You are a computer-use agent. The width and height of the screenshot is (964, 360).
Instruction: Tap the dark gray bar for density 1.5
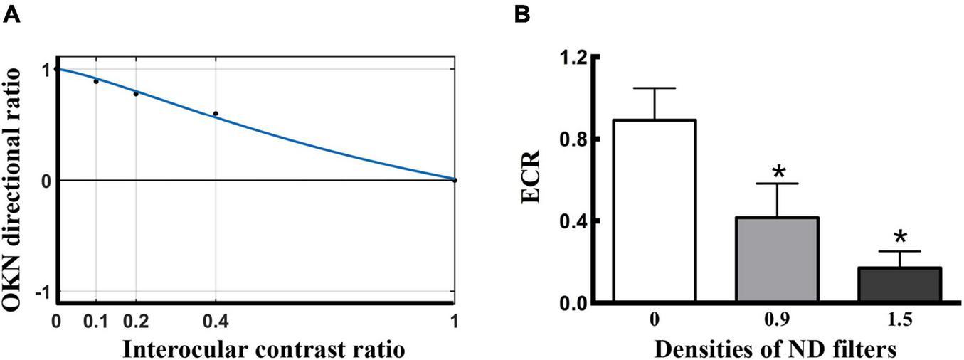pos(900,285)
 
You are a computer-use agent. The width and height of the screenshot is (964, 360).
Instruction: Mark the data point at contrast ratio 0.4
pos(216,114)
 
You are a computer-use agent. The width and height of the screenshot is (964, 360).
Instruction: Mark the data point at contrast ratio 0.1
pos(96,81)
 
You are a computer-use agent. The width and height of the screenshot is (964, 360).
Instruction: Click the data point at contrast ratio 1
pos(455,180)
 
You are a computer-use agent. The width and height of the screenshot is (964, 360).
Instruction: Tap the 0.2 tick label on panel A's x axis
pos(135,322)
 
